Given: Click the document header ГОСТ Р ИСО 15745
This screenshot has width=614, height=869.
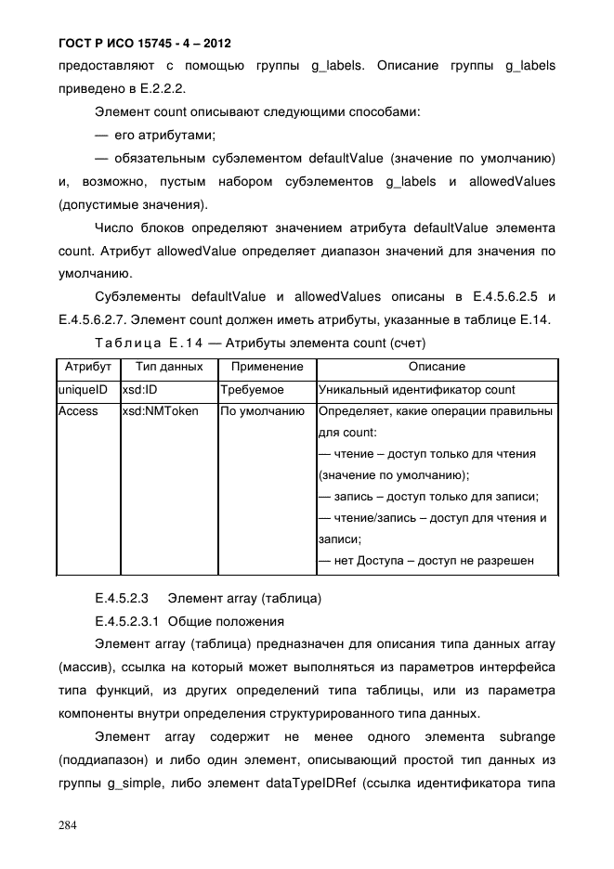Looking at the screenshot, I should tap(144, 44).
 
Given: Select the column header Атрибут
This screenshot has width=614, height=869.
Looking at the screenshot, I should tap(88, 368).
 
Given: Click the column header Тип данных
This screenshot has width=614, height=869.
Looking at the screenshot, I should tap(169, 368).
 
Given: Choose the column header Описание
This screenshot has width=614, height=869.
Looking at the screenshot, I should tap(437, 368).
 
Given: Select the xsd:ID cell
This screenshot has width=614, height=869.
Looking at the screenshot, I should tap(140, 390).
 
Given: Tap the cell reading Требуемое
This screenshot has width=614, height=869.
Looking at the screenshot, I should tap(253, 390).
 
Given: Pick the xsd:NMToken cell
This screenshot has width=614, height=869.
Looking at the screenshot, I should tap(160, 411).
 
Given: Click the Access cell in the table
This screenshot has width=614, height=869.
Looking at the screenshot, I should tap(78, 411).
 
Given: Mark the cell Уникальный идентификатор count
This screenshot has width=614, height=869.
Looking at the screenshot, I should tap(416, 390).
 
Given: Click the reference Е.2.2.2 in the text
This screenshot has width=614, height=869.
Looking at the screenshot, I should tap(162, 90).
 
